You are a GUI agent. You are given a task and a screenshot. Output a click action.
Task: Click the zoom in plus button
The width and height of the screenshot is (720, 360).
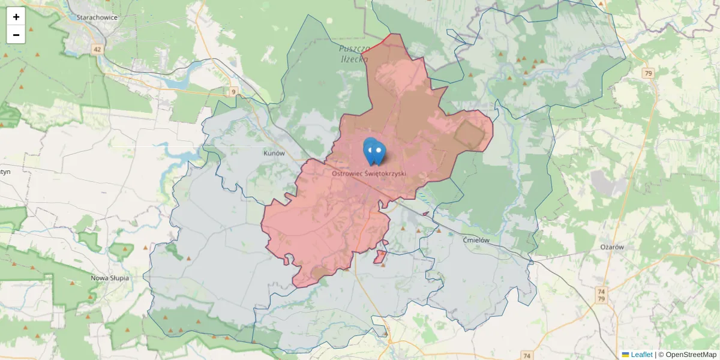(x=16, y=17)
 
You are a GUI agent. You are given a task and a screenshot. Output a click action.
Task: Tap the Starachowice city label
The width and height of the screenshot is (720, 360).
(x=97, y=17)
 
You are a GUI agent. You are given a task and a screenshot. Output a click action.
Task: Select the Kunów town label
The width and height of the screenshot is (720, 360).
(x=274, y=154)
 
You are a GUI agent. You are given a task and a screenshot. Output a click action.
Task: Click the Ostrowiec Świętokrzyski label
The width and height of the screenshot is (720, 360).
(x=369, y=173)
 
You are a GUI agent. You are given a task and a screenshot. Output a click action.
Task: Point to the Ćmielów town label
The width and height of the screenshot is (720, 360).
(x=477, y=240)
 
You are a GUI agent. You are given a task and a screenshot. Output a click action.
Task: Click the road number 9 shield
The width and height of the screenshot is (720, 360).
(x=233, y=92)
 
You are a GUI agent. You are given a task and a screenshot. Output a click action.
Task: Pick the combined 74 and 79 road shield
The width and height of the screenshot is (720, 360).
(x=602, y=295)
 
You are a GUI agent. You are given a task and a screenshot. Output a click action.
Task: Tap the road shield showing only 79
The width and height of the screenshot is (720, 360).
(x=647, y=73)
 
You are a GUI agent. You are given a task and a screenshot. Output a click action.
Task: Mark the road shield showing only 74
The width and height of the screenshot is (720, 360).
(x=527, y=356)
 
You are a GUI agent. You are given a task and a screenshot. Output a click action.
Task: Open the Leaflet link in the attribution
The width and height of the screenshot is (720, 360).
(x=641, y=355)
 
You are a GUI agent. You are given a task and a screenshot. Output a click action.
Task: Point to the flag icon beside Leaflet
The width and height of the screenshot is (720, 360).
(x=625, y=355)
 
